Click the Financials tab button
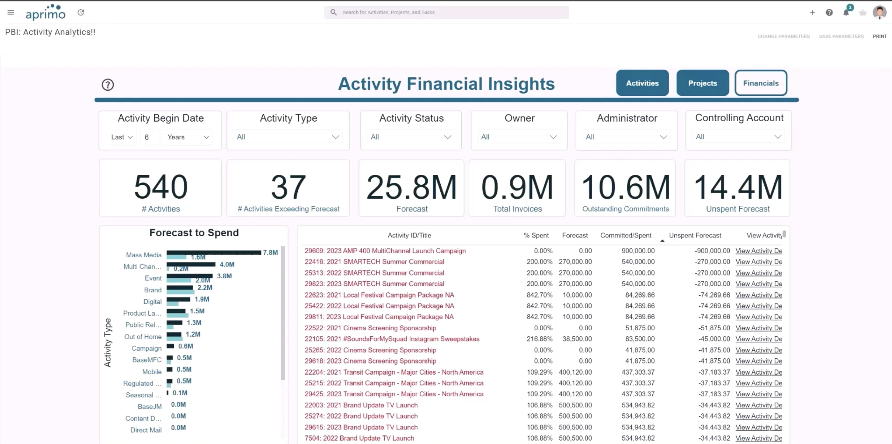pos(760,83)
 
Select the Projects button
pos(702,83)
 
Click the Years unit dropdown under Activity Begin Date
pos(188,137)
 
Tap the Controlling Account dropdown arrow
pos(777,137)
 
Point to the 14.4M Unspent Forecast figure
pos(738,187)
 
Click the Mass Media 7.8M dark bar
pos(213,252)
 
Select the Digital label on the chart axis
pos(152,301)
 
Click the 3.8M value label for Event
pos(224,276)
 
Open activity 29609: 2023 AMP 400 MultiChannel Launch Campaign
pos(385,250)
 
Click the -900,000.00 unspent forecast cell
pos(712,250)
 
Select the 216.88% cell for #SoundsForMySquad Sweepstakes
pos(539,339)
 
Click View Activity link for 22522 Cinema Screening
pos(758,328)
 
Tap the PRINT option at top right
pos(879,36)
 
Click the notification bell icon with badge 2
pos(846,13)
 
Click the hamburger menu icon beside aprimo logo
pos(11,12)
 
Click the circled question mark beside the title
pos(108,85)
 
